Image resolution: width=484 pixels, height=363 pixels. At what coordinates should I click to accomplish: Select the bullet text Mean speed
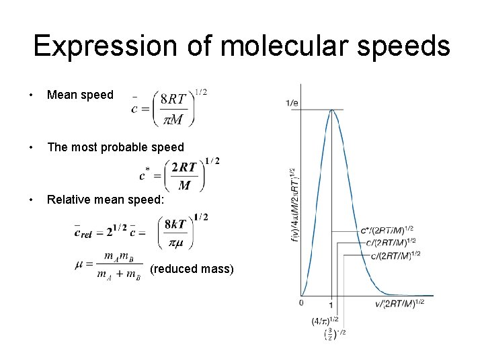pos(80,95)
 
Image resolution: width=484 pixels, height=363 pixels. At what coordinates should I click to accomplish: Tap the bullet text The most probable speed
pos(115,147)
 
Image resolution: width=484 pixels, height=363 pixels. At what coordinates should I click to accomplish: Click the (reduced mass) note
pos(192,269)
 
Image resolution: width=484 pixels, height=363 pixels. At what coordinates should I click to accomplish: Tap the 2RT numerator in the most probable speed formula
pos(184,167)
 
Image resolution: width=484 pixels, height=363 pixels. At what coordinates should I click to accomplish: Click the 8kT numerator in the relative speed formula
pos(176,224)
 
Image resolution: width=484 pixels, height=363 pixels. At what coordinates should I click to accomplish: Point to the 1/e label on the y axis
pos(292,102)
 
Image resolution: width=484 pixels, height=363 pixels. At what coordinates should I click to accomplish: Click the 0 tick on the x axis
pos(301,303)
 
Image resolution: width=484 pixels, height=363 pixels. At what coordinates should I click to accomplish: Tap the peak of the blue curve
pos(331,110)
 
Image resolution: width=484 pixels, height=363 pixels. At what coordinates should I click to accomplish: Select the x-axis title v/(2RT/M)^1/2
pos(399,303)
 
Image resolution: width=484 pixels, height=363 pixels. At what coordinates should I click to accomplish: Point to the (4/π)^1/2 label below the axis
pos(325,321)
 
